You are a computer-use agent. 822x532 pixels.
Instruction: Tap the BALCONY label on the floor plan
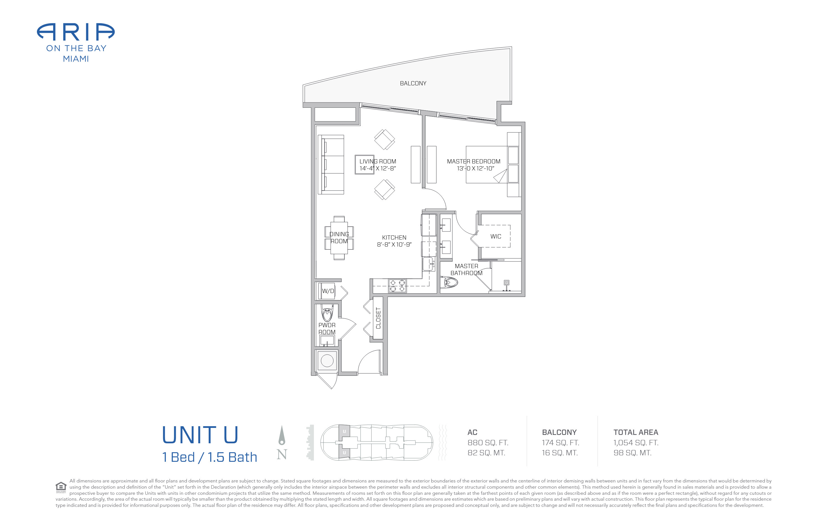(x=413, y=83)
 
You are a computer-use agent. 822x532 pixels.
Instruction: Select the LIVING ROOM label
(x=377, y=161)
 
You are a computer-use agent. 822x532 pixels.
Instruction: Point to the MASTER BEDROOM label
(x=473, y=161)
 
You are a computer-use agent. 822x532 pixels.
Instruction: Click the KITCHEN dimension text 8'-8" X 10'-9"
(x=394, y=245)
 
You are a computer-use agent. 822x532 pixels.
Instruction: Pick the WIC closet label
(x=495, y=236)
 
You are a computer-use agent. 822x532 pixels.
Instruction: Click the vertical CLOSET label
(x=378, y=318)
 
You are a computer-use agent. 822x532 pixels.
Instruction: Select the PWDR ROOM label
(x=327, y=329)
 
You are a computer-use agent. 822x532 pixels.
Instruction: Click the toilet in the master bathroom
(x=449, y=283)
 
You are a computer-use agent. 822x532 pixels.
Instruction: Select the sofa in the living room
(x=331, y=165)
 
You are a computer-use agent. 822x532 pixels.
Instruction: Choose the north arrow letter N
(x=282, y=454)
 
